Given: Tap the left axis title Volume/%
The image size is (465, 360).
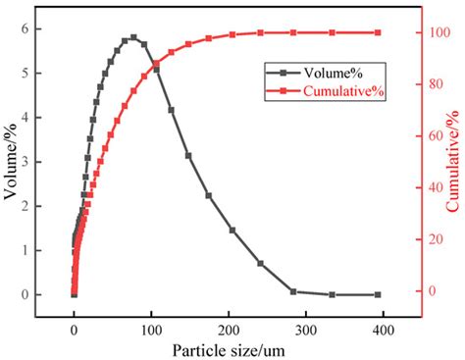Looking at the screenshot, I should click(x=11, y=162).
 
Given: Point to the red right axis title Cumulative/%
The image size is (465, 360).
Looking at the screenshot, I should click(x=452, y=162).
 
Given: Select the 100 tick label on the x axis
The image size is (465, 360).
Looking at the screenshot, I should click(x=151, y=329).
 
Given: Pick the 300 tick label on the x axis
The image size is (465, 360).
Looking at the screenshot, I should click(x=306, y=329).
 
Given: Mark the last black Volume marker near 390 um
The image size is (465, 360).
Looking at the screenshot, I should click(x=378, y=294).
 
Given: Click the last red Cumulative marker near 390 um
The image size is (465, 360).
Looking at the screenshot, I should click(x=378, y=32).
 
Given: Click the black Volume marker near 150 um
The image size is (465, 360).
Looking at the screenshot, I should click(x=188, y=155).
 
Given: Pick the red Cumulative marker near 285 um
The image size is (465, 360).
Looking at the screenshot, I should click(x=293, y=32).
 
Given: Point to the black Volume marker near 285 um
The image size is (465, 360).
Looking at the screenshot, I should click(x=293, y=291).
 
